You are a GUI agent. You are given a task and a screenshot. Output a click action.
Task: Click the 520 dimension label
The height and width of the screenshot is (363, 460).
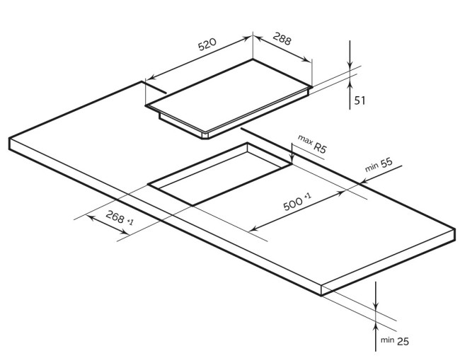point(207,44)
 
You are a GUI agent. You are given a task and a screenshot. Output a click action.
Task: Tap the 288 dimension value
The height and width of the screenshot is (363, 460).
point(282,38)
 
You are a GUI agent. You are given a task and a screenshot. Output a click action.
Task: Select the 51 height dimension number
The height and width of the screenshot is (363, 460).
point(360,100)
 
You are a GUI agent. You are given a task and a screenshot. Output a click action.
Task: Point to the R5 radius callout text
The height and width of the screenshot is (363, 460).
point(320,147)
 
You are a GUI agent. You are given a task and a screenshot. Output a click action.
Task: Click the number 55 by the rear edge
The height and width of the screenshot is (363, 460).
point(386,163)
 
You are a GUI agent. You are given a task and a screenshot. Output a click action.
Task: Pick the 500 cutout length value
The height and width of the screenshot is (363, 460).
point(293,203)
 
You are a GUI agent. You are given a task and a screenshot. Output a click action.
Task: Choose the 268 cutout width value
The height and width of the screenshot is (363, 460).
point(115,217)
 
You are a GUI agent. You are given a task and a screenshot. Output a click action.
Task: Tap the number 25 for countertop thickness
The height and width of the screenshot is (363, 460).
point(403,341)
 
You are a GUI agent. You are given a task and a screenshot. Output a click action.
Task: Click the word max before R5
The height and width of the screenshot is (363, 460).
point(305,140)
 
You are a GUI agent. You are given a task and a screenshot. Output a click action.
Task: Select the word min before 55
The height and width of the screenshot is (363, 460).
point(372,168)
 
